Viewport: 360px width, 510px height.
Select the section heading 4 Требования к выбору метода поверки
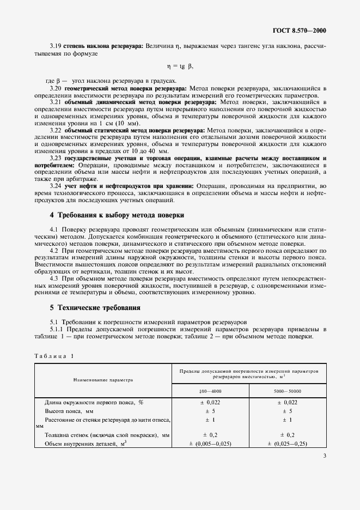tap(117, 215)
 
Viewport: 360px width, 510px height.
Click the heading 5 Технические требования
tap(95, 307)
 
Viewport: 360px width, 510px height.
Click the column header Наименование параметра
tap(103, 379)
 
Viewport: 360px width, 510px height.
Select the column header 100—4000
tap(210, 391)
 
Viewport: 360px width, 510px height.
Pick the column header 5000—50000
tap(288, 391)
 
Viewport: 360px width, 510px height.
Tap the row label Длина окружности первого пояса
tap(94, 402)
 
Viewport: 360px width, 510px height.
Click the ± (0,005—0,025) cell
tap(211, 444)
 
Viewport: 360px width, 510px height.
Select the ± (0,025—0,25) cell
tap(288, 444)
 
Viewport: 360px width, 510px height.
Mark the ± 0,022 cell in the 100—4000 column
tap(210, 402)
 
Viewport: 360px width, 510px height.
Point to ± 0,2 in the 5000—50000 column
tap(288, 435)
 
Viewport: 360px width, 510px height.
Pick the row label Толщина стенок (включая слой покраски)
tap(107, 435)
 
